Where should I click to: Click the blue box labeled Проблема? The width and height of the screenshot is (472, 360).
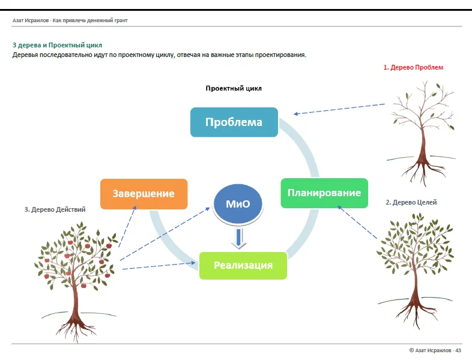[234, 122]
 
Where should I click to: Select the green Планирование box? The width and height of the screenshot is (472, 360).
[324, 193]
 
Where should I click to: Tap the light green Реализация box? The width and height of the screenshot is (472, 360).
[243, 265]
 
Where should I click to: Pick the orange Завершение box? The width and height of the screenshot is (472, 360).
[144, 194]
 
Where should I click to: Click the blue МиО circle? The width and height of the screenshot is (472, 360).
[238, 203]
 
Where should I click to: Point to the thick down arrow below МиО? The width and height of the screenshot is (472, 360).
[239, 239]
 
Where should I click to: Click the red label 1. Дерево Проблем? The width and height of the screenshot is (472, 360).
[413, 67]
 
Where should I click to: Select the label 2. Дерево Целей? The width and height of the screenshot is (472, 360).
[411, 202]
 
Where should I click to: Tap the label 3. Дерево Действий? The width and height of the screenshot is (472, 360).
[55, 209]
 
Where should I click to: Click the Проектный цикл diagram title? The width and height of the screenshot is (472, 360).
[234, 88]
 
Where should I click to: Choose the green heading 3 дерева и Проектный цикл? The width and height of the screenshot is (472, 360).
[57, 45]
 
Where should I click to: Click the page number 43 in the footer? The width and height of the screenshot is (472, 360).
[458, 350]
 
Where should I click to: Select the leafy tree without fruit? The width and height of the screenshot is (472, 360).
[416, 271]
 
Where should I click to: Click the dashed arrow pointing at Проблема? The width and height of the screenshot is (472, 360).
[339, 109]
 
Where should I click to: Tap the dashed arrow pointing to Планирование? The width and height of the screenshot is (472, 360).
[357, 222]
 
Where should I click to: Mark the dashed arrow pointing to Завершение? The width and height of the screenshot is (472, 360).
[127, 226]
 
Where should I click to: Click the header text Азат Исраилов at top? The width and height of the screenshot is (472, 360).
[31, 20]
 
